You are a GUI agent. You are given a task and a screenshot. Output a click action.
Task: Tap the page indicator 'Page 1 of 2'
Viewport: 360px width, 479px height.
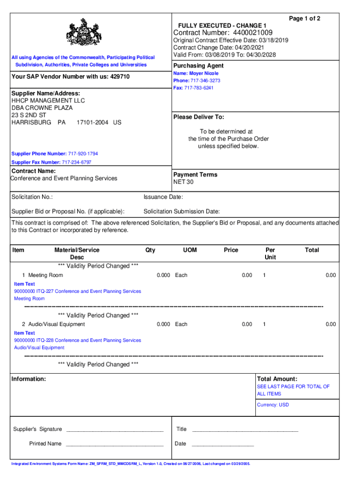click(304, 18)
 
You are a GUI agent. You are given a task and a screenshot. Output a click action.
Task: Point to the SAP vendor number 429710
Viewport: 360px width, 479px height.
click(120, 76)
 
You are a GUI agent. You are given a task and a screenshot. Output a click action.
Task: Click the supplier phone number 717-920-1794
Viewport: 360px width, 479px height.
click(83, 154)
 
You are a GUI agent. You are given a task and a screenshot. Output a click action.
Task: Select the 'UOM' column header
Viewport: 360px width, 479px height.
click(190, 250)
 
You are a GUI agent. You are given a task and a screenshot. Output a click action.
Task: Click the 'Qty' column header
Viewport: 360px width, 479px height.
click(150, 250)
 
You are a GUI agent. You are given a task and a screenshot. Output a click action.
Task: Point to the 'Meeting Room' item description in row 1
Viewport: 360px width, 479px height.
click(45, 275)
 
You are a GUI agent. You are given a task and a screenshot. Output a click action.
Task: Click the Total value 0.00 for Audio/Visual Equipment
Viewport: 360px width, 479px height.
click(331, 324)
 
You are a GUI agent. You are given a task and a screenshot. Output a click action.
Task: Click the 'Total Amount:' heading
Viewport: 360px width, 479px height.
click(277, 379)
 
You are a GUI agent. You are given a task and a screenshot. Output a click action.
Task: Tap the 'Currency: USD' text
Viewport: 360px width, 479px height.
click(273, 405)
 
